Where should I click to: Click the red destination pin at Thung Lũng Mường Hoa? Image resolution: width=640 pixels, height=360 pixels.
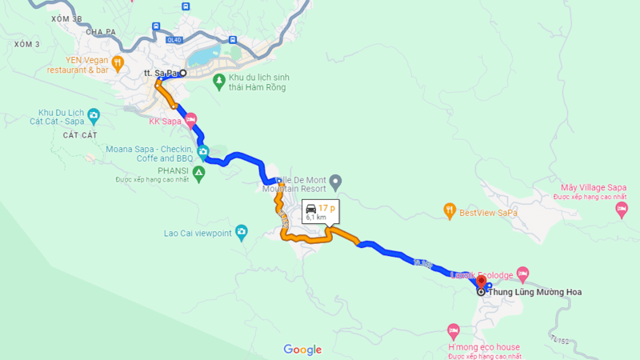[482, 282]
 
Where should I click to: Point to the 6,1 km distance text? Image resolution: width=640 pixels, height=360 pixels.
[315, 217]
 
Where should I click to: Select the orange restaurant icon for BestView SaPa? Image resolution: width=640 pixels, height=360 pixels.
[450, 211]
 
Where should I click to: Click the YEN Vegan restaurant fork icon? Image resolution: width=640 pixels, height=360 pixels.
[118, 62]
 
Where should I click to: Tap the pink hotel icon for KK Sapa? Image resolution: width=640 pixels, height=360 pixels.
[190, 122]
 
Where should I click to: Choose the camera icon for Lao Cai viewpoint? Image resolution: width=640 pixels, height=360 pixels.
[242, 233]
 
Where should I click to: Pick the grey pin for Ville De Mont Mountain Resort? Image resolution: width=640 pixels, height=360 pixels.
[336, 182]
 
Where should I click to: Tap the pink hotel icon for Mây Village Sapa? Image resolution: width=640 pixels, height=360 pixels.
[622, 209]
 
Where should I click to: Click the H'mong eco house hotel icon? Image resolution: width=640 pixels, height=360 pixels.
[454, 330]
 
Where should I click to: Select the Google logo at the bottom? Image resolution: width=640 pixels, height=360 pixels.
[302, 350]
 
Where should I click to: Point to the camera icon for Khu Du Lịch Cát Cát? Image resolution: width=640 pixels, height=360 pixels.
[94, 116]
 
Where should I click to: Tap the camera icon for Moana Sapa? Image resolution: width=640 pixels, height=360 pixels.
[203, 150]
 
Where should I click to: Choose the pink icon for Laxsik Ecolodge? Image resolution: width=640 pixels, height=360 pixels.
[522, 274]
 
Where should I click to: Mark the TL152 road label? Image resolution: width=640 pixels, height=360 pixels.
[559, 342]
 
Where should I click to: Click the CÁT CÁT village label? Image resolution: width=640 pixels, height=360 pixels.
[78, 135]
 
